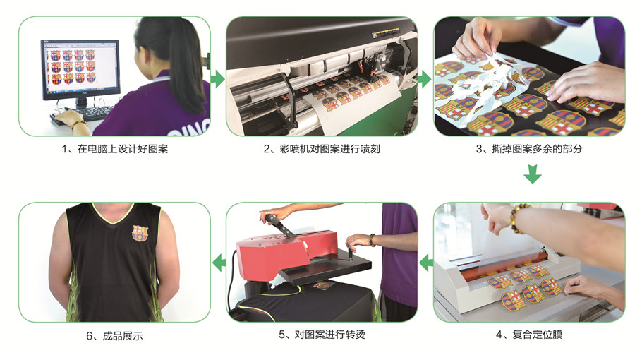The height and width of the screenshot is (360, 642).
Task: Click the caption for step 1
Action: click(114, 149)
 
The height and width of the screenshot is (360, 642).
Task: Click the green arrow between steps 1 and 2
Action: click(218, 79)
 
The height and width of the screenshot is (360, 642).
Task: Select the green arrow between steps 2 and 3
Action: click(425, 79)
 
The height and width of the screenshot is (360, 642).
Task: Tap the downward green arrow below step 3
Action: click(533, 174)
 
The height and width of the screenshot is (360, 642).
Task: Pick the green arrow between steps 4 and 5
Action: click(426, 263)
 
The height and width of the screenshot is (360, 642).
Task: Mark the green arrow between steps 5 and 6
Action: click(219, 263)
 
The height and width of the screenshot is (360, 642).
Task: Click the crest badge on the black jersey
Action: click(140, 233)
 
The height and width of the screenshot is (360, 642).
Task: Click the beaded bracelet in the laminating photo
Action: click(517, 218)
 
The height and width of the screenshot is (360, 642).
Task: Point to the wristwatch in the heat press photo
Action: click(373, 240)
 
